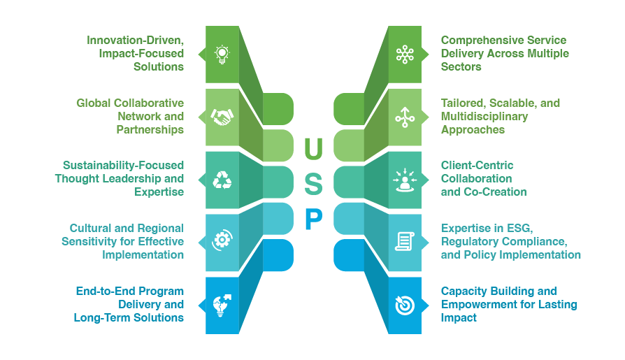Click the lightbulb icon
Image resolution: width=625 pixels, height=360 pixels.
[x=222, y=54]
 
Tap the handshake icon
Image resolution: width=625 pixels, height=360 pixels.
[x=222, y=117]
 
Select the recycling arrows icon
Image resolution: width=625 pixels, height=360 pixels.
[x=222, y=180]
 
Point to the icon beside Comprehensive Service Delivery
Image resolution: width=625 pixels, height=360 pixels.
[x=405, y=54]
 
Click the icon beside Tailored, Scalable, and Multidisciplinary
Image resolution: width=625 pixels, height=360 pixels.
[x=405, y=117]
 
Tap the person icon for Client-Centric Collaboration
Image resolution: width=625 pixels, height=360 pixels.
[x=405, y=180]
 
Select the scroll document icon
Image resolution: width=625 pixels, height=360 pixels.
[x=405, y=241]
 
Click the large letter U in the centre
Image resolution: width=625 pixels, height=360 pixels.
[x=314, y=148]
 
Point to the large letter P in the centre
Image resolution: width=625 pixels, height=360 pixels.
[x=314, y=219]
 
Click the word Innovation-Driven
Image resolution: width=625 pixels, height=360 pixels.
[x=135, y=40]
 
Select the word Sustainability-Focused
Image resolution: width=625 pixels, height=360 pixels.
[x=123, y=165]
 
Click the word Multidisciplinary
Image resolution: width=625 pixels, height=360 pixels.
[x=485, y=116]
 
